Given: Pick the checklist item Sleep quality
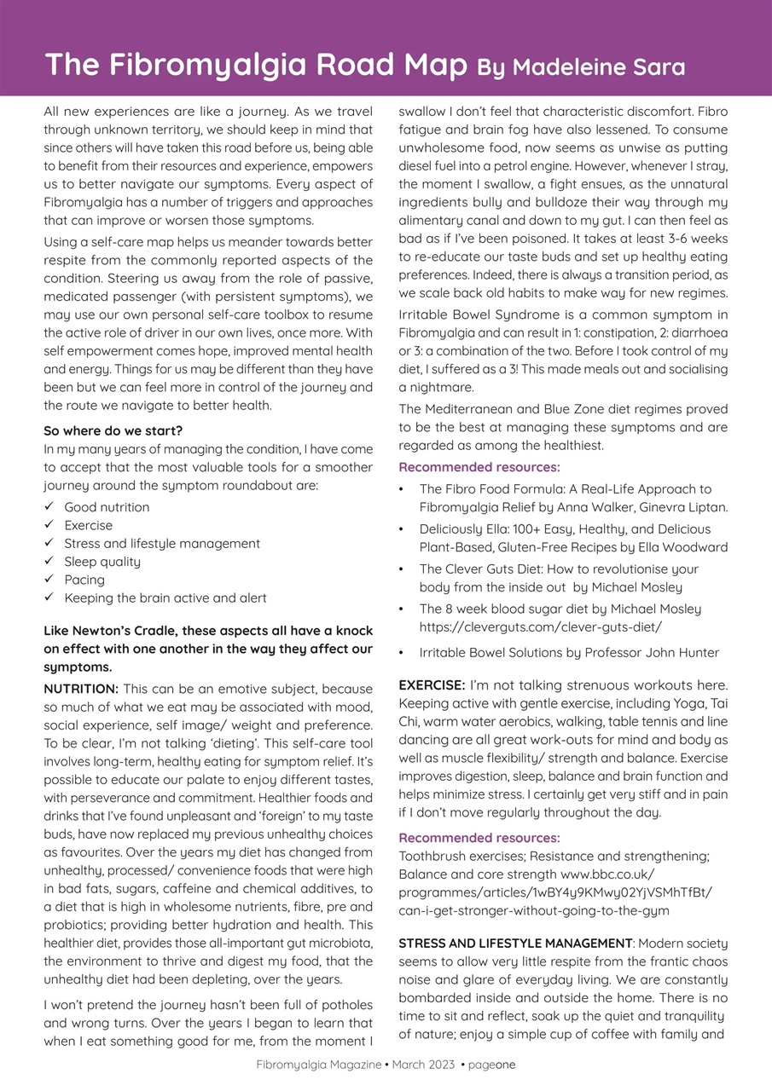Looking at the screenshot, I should click(102, 562).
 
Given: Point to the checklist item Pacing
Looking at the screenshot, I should click(84, 580).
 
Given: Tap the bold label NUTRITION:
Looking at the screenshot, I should click(81, 689).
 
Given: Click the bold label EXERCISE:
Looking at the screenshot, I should click(432, 685).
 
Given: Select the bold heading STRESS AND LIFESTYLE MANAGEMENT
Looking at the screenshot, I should click(515, 944).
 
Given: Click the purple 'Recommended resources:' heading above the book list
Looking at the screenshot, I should click(479, 467).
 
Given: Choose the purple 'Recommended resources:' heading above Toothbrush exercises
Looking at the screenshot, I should click(479, 838).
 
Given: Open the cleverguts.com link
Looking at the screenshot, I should click(541, 626).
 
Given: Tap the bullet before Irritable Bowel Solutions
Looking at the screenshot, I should click(403, 653).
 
